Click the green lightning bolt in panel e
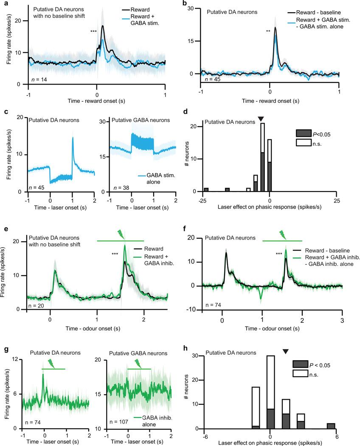click(x=121, y=234)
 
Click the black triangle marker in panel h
click(x=286, y=351)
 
